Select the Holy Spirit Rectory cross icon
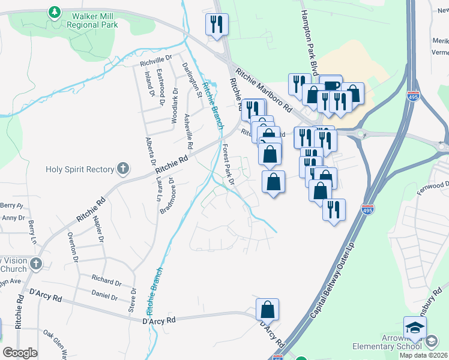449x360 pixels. tap(123, 169)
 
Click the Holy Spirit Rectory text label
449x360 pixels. tap(80, 169)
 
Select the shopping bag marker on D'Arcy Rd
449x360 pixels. tap(268, 310)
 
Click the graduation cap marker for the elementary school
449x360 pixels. tap(415, 328)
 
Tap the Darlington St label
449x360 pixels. tap(193, 79)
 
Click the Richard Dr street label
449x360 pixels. tap(106, 280)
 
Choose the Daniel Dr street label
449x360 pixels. tap(104, 295)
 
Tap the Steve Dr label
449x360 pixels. tap(132, 299)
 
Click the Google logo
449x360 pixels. tap(20, 353)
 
